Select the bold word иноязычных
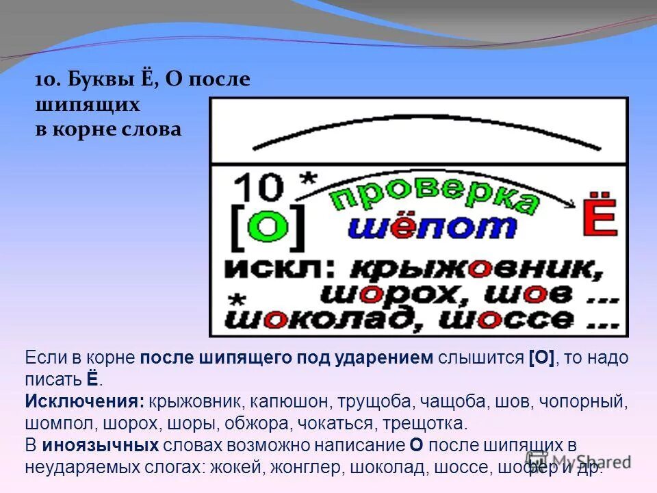[x=100, y=445]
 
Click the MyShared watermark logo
[x=578, y=461]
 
